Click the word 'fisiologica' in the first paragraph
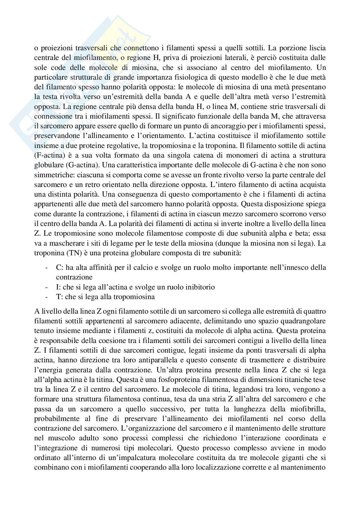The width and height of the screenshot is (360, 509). (x=193, y=77)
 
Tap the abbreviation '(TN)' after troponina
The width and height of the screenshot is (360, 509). (x=75, y=253)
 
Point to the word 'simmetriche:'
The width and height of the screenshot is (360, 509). (x=51, y=175)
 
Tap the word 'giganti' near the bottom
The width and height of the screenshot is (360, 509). (x=298, y=458)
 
